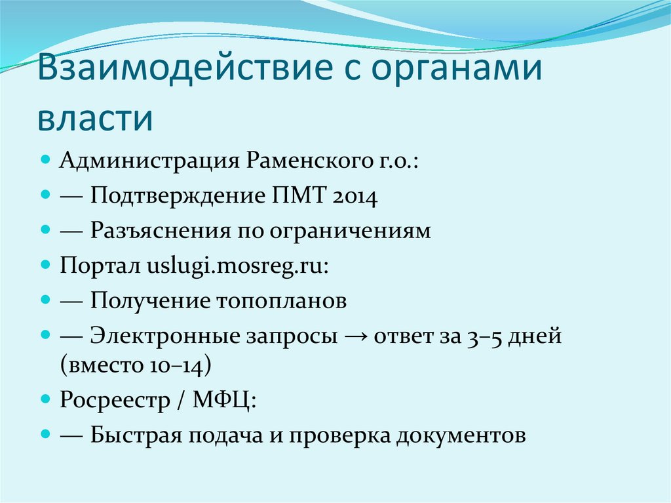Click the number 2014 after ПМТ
354,196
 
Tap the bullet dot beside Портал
45,266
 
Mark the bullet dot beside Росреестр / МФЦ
45,399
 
